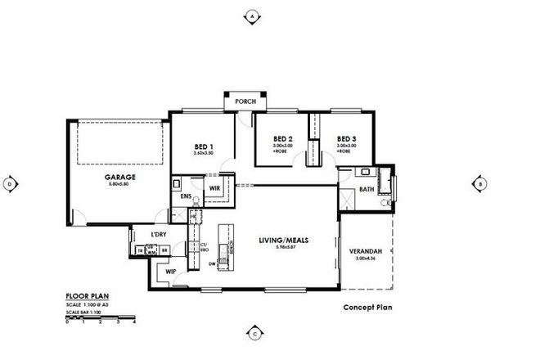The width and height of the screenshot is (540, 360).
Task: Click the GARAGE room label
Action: [x=119, y=177]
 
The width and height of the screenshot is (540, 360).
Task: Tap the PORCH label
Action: [x=245, y=101]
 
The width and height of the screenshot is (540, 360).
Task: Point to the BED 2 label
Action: [x=283, y=138]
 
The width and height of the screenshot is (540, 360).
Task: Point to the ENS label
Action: [x=186, y=196]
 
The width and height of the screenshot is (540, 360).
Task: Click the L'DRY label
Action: [x=159, y=236]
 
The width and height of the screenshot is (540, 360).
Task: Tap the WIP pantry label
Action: [x=171, y=271]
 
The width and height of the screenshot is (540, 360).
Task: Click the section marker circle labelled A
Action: [x=253, y=16]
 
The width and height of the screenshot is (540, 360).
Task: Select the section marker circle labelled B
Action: [x=479, y=183]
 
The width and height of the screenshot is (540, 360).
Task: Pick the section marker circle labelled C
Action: [x=254, y=333]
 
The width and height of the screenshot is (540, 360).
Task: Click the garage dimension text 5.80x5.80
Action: [x=119, y=184]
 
